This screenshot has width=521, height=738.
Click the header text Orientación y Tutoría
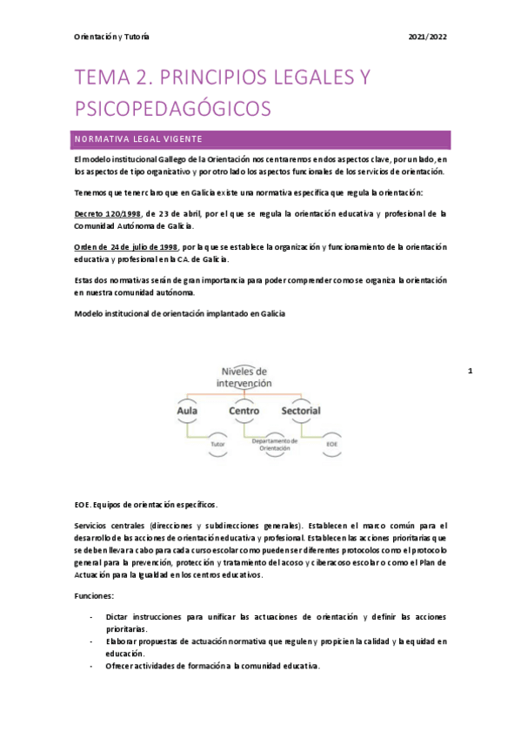(111, 37)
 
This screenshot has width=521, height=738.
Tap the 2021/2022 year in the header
(427, 37)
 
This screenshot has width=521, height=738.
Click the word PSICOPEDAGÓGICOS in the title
(173, 108)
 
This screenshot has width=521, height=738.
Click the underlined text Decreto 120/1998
(108, 213)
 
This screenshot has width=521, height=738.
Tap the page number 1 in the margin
(469, 372)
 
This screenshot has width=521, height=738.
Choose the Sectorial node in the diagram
(300, 410)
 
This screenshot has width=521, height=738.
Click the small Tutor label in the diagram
(217, 445)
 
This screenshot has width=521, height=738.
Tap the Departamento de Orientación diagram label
(276, 445)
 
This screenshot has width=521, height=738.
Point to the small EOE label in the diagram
(331, 444)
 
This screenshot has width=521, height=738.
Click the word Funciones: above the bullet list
(94, 596)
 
